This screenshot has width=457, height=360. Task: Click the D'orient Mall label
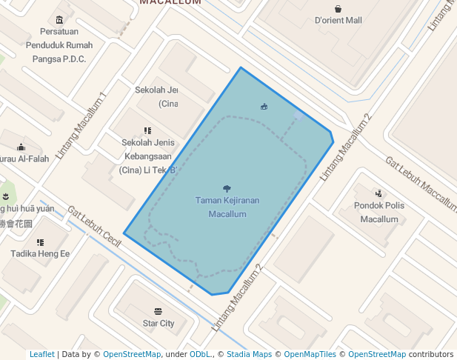pyautogui.click(x=338, y=21)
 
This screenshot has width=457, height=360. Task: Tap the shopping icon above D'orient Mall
pyautogui.click(x=338, y=9)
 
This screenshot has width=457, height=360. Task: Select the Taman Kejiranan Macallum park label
pyautogui.click(x=227, y=207)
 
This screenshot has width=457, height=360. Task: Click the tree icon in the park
pyautogui.click(x=227, y=189)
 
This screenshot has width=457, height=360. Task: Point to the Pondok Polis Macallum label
pyautogui.click(x=378, y=212)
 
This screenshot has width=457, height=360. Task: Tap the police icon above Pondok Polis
pyautogui.click(x=378, y=193)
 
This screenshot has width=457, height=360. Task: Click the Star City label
pyautogui.click(x=159, y=324)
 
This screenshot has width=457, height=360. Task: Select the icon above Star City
pyautogui.click(x=158, y=311)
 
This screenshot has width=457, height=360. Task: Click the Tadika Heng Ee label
pyautogui.click(x=40, y=254)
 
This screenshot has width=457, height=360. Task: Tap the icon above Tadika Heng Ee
pyautogui.click(x=40, y=242)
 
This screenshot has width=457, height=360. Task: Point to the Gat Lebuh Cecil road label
pyautogui.click(x=94, y=226)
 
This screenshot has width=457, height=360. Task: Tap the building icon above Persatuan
pyautogui.click(x=59, y=19)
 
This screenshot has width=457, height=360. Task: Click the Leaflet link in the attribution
pyautogui.click(x=41, y=354)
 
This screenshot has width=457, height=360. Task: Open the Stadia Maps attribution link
pyautogui.click(x=249, y=354)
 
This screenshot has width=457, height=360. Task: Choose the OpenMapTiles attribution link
pyautogui.click(x=310, y=354)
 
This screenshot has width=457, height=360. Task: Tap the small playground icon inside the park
pyautogui.click(x=264, y=107)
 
